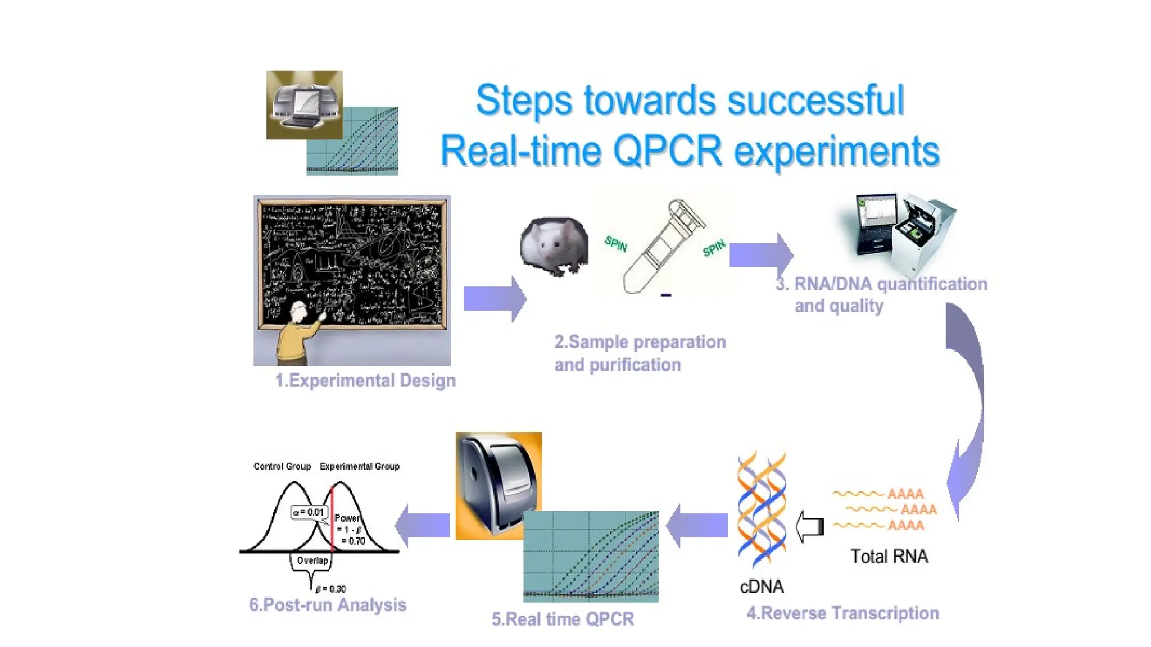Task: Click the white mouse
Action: coord(554,246)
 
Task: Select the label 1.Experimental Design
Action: coord(365,381)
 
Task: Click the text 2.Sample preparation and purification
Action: coord(640,353)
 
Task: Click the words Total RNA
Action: coord(889,557)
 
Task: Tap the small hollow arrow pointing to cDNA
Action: coord(809,526)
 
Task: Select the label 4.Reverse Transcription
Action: coord(842,613)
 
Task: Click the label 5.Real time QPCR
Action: coord(563,619)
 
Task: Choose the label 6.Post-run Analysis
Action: coord(328,605)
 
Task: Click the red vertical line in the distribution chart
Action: coord(332,517)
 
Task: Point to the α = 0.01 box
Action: coord(309,512)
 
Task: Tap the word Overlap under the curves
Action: coord(312,561)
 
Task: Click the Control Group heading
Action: coord(282,466)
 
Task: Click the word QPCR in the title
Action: coord(667,151)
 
